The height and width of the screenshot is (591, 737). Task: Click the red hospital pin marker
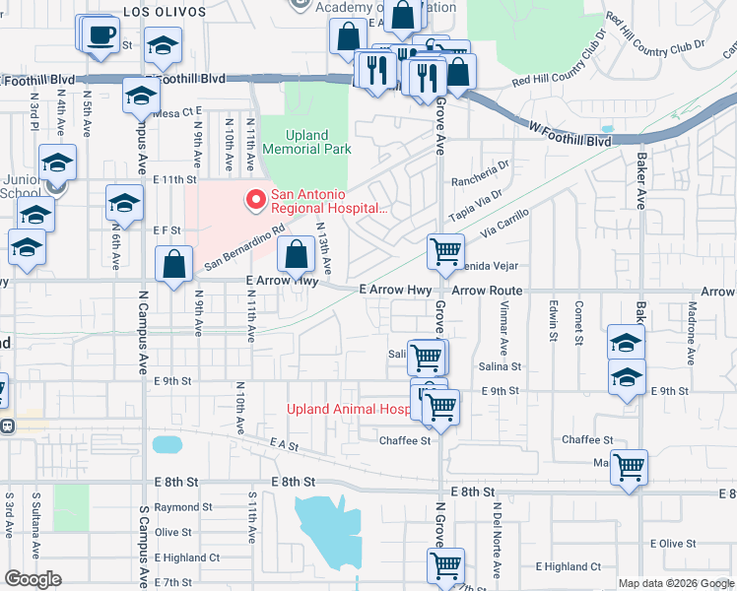pyautogui.click(x=256, y=200)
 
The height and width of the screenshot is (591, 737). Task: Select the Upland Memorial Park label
pyautogui.click(x=304, y=142)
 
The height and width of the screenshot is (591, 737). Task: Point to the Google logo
pyautogui.click(x=33, y=579)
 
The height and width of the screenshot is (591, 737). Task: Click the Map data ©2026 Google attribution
pyautogui.click(x=676, y=583)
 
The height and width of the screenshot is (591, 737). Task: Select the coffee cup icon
pyautogui.click(x=100, y=35)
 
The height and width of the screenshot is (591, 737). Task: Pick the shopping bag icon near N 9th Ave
pyautogui.click(x=174, y=264)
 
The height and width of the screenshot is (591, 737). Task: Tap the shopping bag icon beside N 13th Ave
pyautogui.click(x=296, y=255)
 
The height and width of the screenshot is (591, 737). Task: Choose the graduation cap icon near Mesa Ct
pyautogui.click(x=141, y=97)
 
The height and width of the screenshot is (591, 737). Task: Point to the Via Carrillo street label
pyautogui.click(x=505, y=226)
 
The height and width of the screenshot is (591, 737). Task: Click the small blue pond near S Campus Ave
pyautogui.click(x=167, y=444)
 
